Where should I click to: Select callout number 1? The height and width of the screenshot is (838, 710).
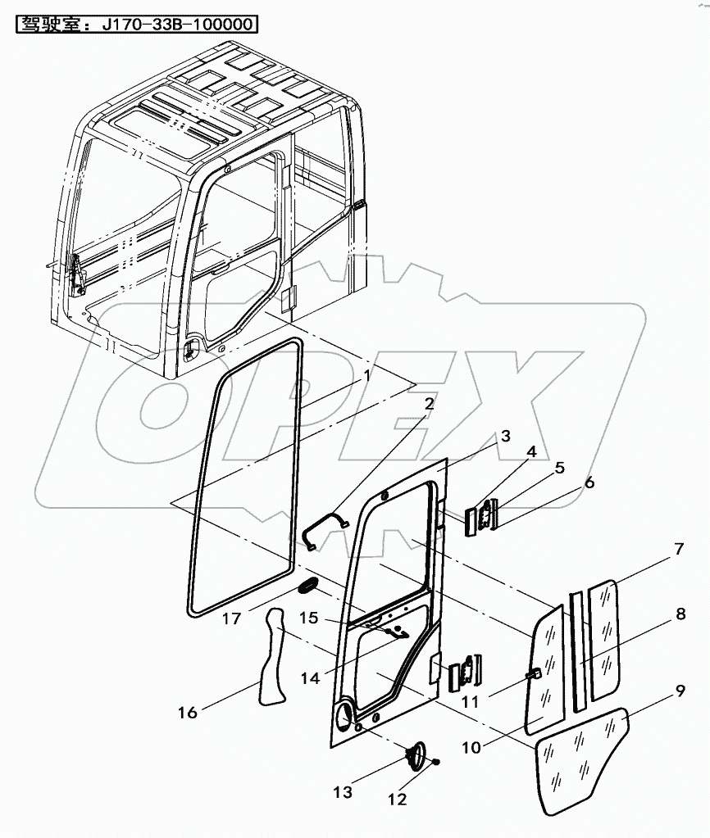pyautogui.click(x=367, y=376)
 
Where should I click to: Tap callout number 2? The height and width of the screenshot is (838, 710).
pyautogui.click(x=429, y=403)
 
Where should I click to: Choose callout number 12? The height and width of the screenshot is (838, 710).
pyautogui.click(x=397, y=799)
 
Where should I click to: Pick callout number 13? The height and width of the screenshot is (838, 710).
pyautogui.click(x=342, y=792)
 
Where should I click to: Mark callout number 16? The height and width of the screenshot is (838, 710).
pyautogui.click(x=188, y=712)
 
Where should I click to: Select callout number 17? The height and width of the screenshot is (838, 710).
pyautogui.click(x=232, y=618)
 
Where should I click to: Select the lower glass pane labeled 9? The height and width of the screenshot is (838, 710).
pyautogui.click(x=582, y=758)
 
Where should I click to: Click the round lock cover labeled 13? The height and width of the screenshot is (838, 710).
pyautogui.click(x=417, y=754)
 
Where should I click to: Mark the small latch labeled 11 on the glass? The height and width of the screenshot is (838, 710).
pyautogui.click(x=533, y=674)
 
